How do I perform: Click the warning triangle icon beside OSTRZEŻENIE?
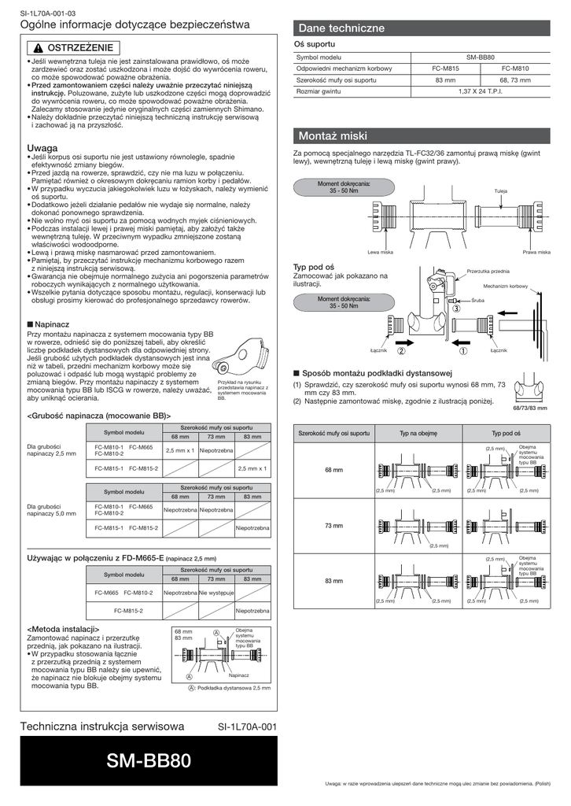[x=39, y=48]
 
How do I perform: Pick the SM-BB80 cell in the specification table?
[x=480, y=57]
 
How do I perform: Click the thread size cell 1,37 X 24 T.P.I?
[x=480, y=91]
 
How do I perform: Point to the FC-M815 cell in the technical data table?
[x=445, y=68]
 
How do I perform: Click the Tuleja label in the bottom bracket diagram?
[x=500, y=192]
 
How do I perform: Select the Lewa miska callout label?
[x=381, y=252]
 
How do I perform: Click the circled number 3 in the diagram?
[x=456, y=310]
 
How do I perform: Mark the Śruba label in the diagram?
[x=478, y=301]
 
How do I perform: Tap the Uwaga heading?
[x=42, y=148]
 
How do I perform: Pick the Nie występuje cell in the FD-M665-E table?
[x=217, y=593]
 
